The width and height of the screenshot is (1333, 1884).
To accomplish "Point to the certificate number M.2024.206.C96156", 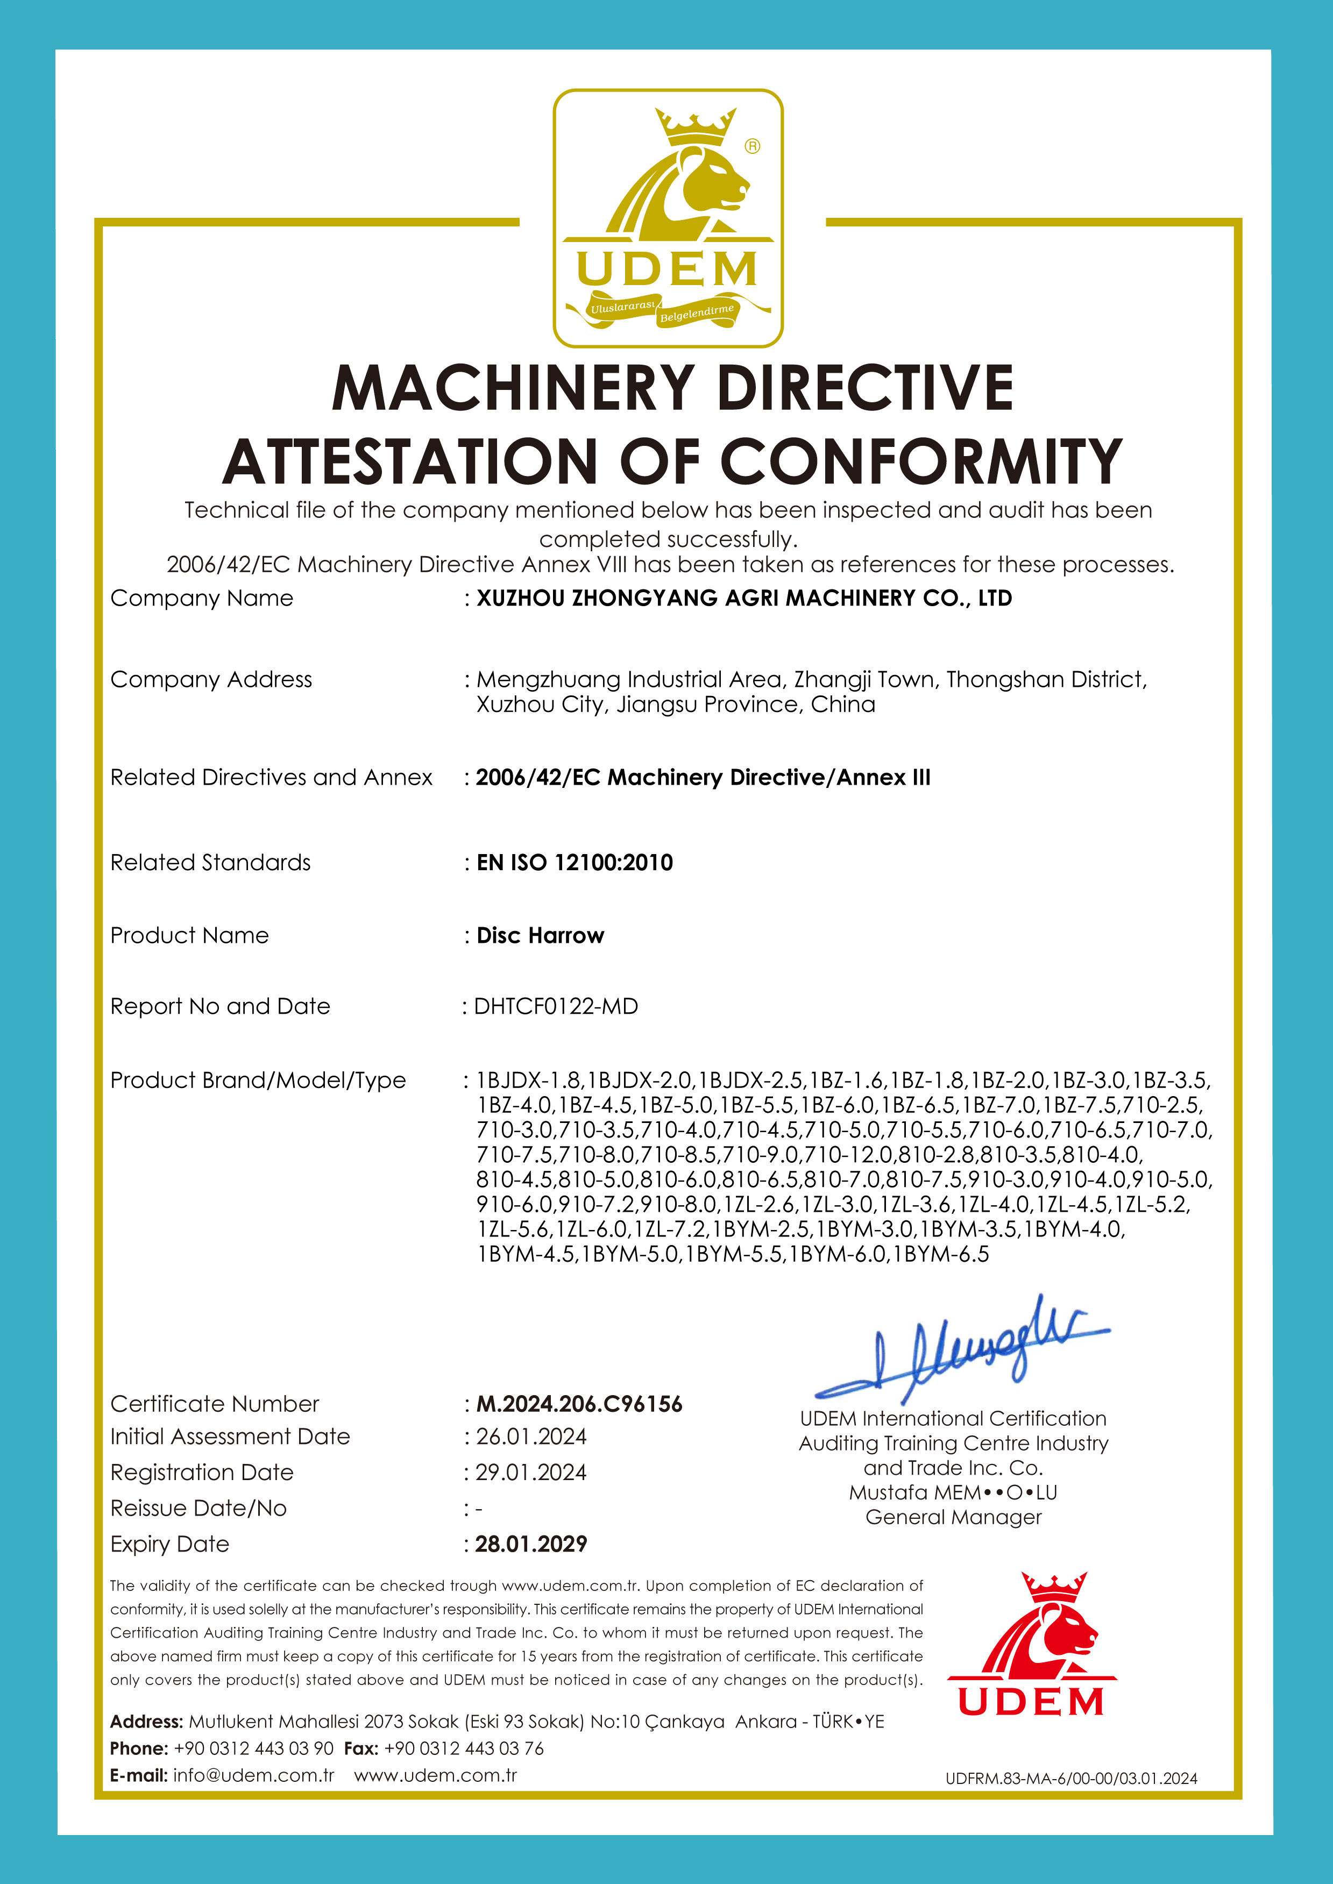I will coord(579,1404).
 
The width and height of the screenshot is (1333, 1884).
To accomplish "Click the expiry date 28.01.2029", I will coord(531,1544).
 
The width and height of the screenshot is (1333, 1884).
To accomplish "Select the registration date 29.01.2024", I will coord(531,1472).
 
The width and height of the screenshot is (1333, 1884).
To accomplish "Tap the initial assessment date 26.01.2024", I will coord(531,1437).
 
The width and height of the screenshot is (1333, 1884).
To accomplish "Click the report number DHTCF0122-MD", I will coord(556,1006).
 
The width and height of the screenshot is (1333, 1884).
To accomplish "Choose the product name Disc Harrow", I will coord(540,935).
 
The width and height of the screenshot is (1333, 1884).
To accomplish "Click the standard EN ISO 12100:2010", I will coord(575,863).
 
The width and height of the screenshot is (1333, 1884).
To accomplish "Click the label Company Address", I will coord(211,679).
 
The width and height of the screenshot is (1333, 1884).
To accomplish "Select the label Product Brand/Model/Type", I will coord(258,1080).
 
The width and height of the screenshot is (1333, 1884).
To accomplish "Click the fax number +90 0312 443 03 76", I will coord(464,1748).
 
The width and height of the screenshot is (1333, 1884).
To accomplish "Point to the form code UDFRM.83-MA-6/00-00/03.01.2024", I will coord(1071,1778).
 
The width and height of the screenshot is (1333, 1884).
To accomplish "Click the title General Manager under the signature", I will coord(953,1517).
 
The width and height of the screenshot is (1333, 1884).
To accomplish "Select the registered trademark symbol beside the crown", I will coord(752,146).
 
